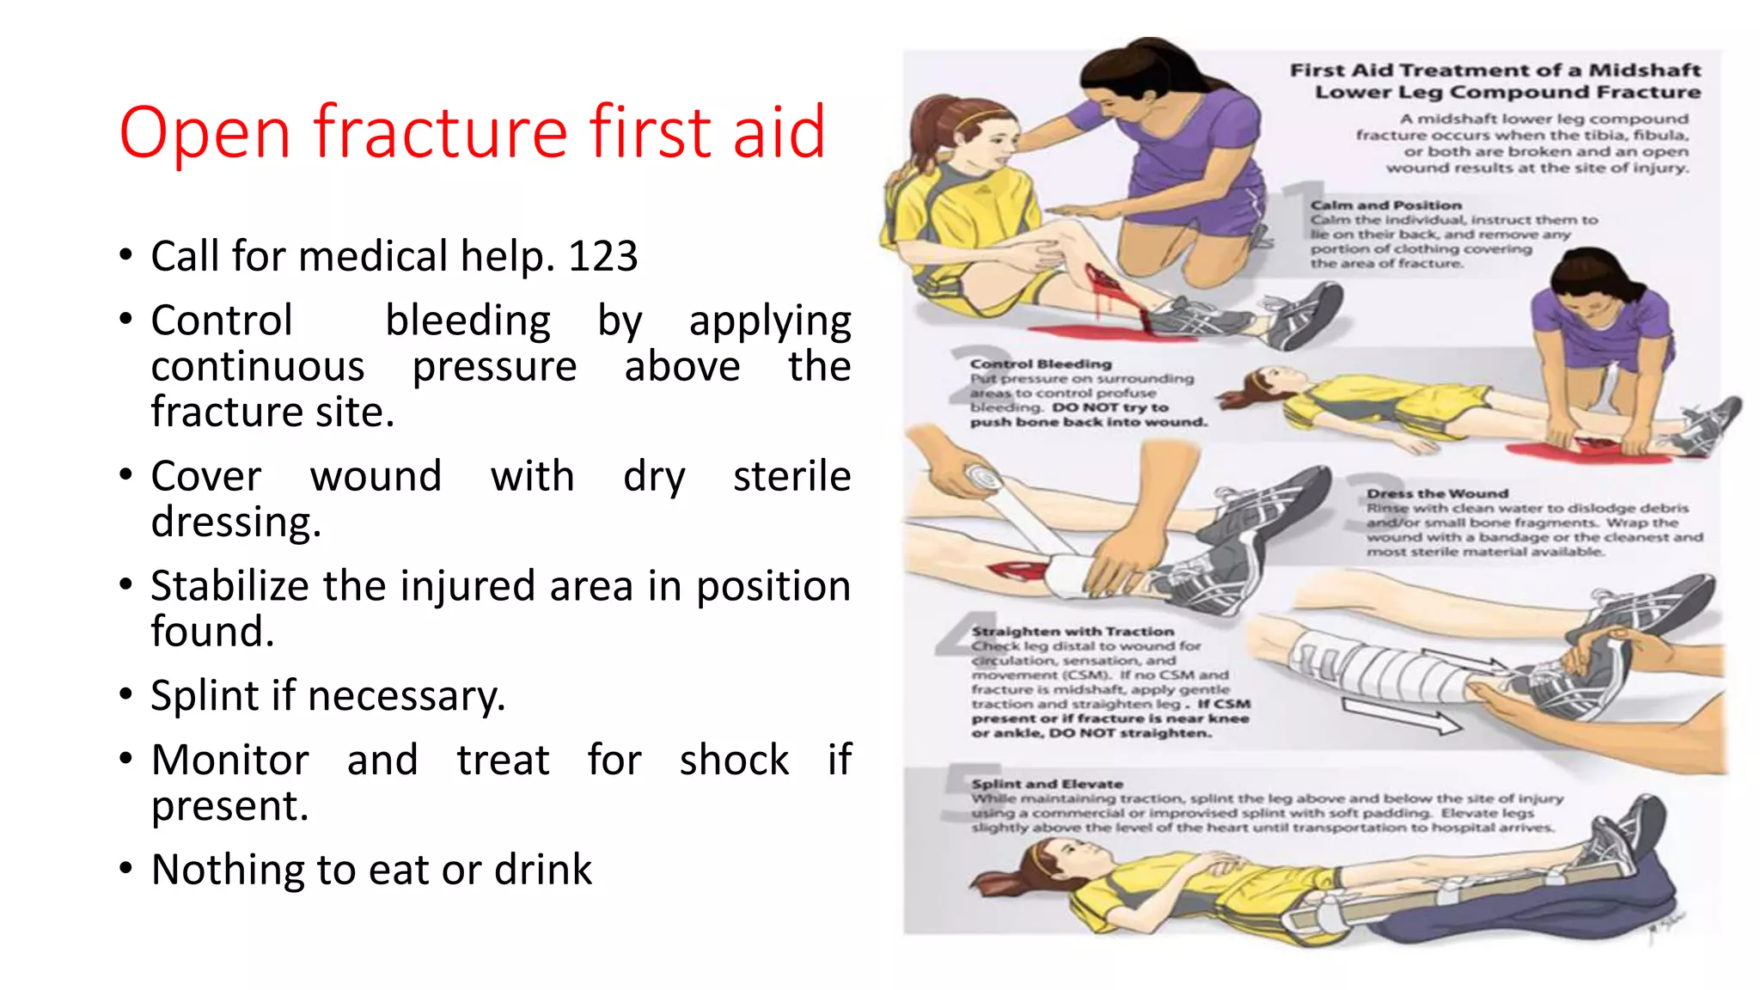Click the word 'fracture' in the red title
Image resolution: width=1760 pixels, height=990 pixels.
[440, 131]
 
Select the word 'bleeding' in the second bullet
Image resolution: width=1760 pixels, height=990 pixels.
[467, 321]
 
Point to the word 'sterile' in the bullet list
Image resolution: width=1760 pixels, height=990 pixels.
[791, 476]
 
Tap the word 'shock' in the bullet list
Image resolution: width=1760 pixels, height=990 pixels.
[734, 761]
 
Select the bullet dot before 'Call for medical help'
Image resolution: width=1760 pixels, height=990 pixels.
[126, 255]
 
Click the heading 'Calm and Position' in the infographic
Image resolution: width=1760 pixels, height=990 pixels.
[1385, 205]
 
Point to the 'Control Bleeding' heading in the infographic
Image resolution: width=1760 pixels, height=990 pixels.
[1041, 364]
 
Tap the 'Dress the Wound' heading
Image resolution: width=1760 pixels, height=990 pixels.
[1437, 493]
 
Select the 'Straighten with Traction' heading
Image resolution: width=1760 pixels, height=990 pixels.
[1072, 632]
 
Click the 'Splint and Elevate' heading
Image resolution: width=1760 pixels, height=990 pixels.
[1047, 784]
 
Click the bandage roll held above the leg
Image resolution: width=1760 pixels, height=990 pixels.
[982, 479]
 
